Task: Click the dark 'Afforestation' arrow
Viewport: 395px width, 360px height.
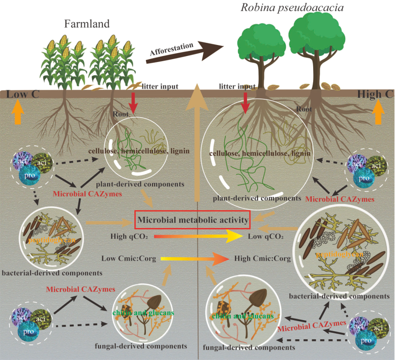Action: tap(184, 50)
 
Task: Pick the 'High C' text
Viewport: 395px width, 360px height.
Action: tap(375, 93)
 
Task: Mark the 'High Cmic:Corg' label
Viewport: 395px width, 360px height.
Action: tap(263, 259)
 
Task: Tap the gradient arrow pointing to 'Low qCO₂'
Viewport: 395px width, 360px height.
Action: tap(197, 236)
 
